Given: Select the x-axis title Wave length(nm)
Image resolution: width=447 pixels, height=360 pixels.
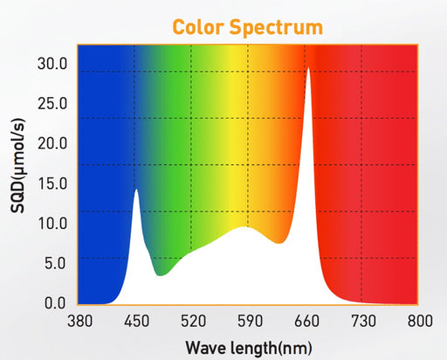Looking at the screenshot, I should [248, 348].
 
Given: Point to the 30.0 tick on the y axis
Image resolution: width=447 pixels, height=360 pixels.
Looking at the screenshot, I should [52, 64].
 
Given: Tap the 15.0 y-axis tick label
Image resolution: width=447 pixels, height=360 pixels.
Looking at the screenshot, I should [52, 183].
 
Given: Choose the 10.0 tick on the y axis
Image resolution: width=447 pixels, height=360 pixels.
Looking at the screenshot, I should [52, 223].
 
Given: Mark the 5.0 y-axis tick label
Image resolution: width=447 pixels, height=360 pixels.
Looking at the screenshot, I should [55, 263].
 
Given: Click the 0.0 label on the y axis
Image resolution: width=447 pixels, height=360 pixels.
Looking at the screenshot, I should [55, 303].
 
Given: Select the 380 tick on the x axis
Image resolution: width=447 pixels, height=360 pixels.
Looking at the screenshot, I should [79, 321].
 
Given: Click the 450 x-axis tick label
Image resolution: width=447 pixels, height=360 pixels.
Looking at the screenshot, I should [135, 321].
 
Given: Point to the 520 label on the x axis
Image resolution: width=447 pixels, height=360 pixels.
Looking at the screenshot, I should [193, 321].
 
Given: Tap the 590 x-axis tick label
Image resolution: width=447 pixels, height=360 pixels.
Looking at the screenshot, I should [250, 321].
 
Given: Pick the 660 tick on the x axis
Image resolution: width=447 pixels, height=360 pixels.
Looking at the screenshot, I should [307, 321].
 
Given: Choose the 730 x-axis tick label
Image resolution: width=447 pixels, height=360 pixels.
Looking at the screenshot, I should [363, 321].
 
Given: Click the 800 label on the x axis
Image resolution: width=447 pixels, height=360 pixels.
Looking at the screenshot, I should [420, 321].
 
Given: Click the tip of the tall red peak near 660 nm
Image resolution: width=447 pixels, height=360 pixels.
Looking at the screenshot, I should [308, 69].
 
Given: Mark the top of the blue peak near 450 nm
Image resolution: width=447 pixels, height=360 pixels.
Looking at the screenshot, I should [135, 190].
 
